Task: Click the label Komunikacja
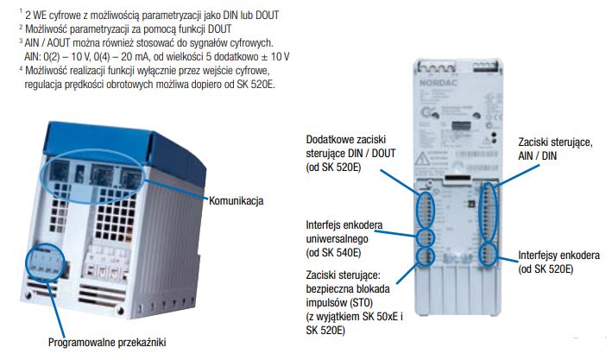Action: point(236,200)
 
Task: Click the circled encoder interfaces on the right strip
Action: point(489,253)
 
